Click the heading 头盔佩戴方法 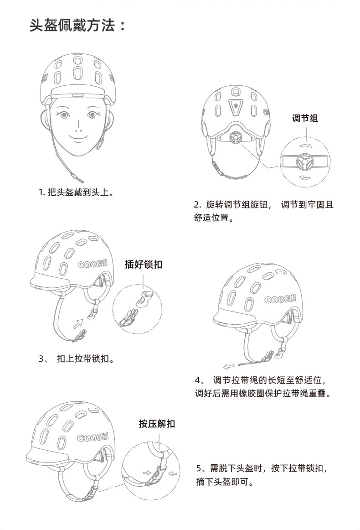tap(77, 26)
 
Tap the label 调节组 tap(305, 119)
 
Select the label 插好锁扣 tap(144, 264)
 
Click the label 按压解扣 tap(157, 424)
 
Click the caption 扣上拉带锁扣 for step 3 tap(85, 359)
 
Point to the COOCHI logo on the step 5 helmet tap(93, 437)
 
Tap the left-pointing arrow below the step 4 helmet tap(229, 366)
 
